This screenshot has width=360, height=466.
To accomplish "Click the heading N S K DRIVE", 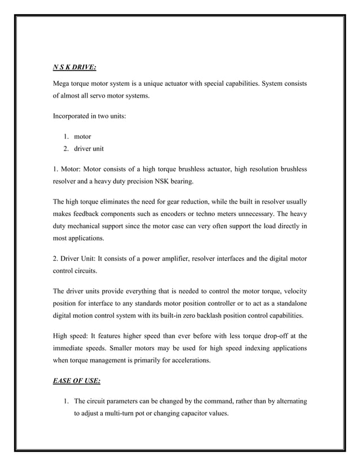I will (74, 67).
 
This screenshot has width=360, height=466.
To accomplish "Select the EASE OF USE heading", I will (77, 380).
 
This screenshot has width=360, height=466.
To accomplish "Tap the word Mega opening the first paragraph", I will (62, 83).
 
